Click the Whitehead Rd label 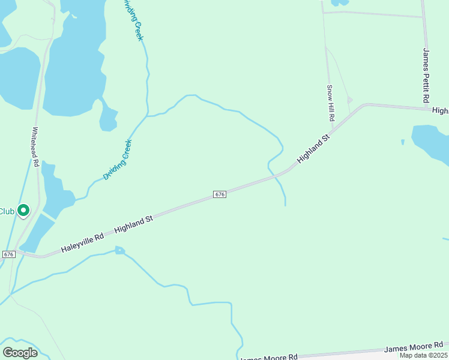point(35,146)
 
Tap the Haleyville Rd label point(82,242)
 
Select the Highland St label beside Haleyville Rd point(134,225)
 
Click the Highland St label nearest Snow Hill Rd point(313,151)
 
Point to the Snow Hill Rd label point(330,103)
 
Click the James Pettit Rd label point(426,74)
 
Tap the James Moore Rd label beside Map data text point(413,347)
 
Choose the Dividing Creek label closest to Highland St point(117,160)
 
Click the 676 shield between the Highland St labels point(220,194)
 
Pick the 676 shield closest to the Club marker point(8,254)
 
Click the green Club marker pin point(23,211)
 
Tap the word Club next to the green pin point(7,211)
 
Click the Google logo point(20,353)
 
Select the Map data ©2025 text point(423,355)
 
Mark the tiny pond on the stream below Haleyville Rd point(120,250)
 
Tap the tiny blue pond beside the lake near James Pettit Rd point(403,142)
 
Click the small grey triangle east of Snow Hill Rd point(350,100)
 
